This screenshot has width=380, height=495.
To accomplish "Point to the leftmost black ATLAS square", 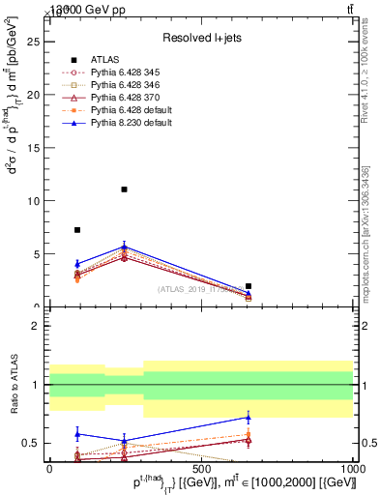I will pos(77,230).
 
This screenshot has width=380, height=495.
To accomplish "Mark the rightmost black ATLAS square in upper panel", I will pos(248,286).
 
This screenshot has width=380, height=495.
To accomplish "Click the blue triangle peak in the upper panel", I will pos(124,247).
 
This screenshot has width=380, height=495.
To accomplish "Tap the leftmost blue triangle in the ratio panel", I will pos(77,434).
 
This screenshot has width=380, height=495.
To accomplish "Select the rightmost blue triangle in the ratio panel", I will pos(248,418).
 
